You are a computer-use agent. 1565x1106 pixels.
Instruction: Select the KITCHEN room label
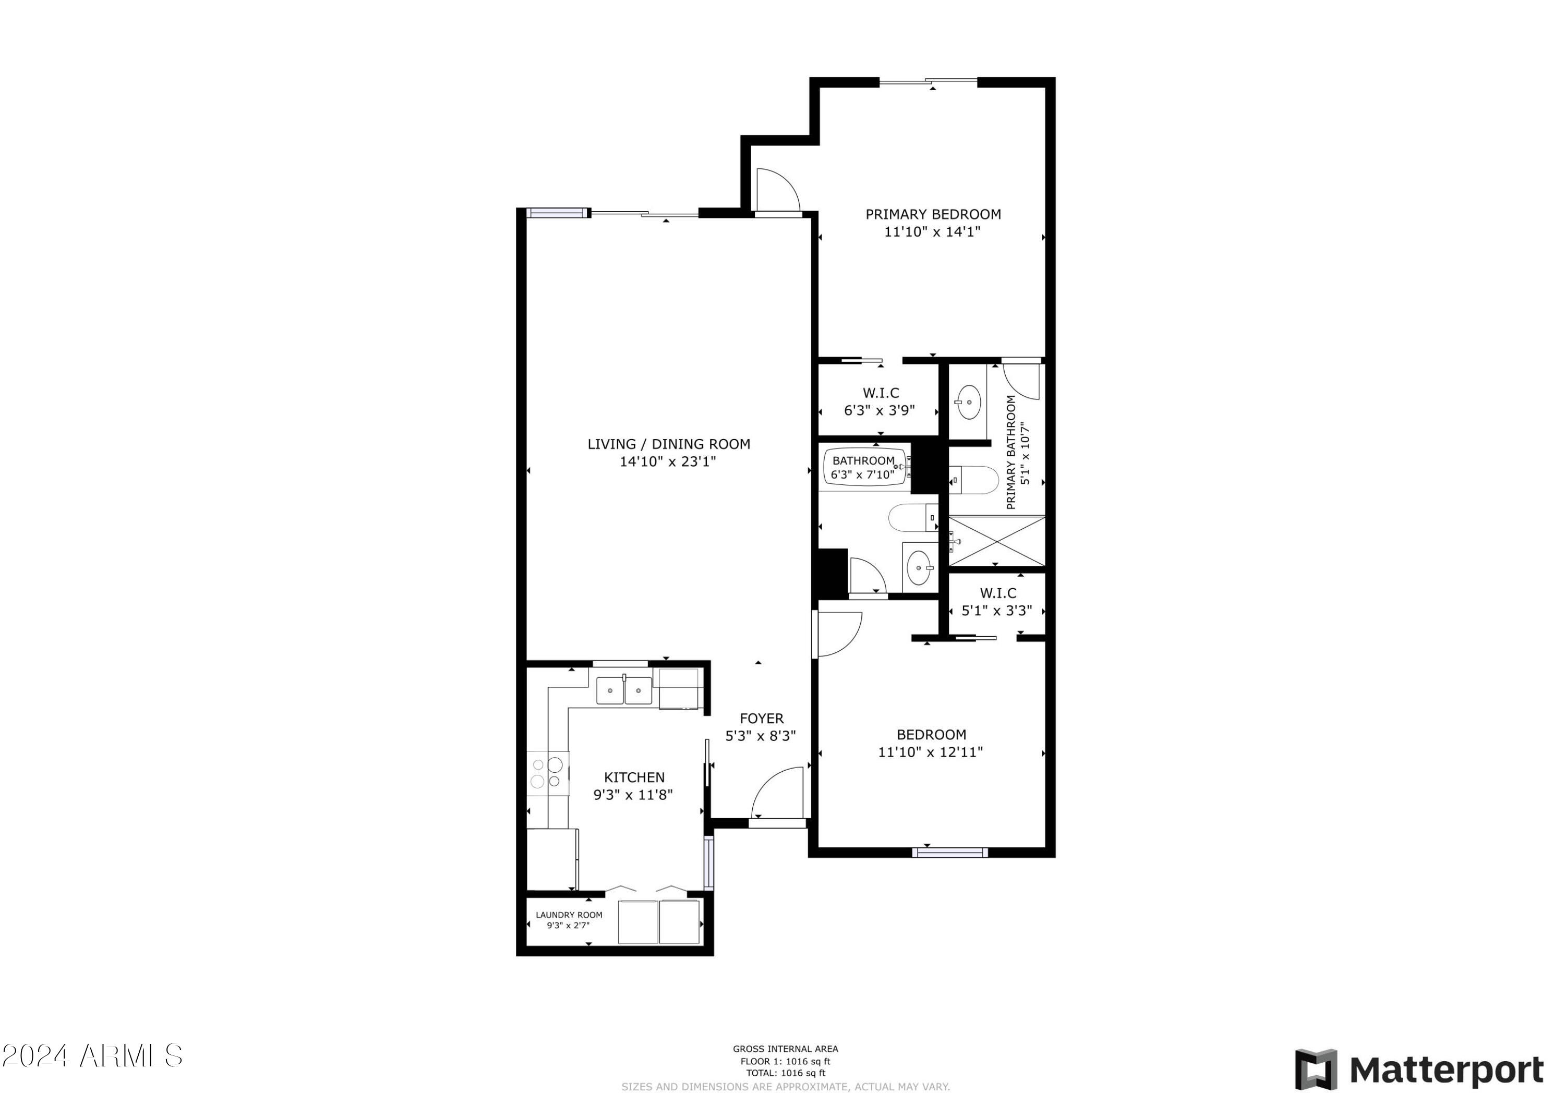(634, 777)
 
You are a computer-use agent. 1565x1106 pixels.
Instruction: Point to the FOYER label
(761, 718)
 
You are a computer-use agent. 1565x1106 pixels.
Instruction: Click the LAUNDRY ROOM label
(569, 915)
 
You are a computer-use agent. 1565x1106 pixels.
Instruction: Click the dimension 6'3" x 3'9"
(880, 411)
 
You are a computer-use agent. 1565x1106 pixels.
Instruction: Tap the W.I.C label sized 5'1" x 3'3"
(998, 593)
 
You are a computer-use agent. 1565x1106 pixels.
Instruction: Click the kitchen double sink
(624, 690)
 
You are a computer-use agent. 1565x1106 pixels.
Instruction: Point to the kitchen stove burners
(547, 773)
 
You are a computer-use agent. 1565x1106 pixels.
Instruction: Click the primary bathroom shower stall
(996, 541)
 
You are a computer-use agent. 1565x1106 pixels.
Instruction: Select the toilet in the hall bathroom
(912, 518)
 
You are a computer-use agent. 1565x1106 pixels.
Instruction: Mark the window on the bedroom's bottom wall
(949, 853)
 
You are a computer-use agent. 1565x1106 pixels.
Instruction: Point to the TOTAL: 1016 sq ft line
(785, 1073)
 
